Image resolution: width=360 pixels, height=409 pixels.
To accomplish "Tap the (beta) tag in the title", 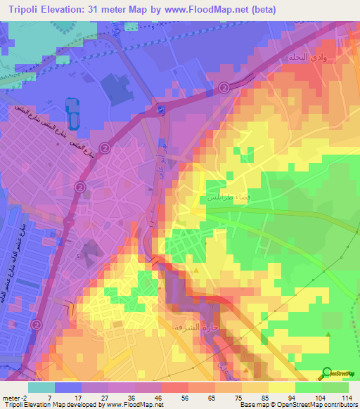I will pos(262,9).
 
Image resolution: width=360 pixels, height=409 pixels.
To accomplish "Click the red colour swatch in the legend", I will pos(174,387).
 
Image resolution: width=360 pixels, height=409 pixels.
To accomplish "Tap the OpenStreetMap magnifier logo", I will pos(328,373).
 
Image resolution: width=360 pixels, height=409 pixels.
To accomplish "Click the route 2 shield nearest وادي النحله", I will pos(224,87).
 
